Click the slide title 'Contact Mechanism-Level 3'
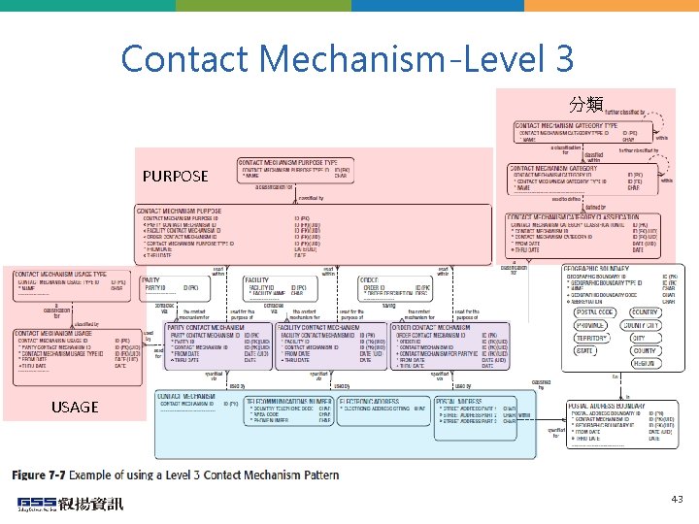pyautogui.click(x=348, y=59)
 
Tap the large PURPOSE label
pyautogui.click(x=175, y=176)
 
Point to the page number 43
pyautogui.click(x=677, y=499)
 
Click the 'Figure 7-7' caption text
pyautogui.click(x=175, y=475)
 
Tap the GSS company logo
pyautogui.click(x=69, y=503)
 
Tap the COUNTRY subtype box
pyautogui.click(x=644, y=312)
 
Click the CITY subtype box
pyautogui.click(x=644, y=338)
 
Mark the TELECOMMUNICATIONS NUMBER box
pyautogui.click(x=287, y=415)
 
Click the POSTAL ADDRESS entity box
pyautogui.click(x=475, y=415)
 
